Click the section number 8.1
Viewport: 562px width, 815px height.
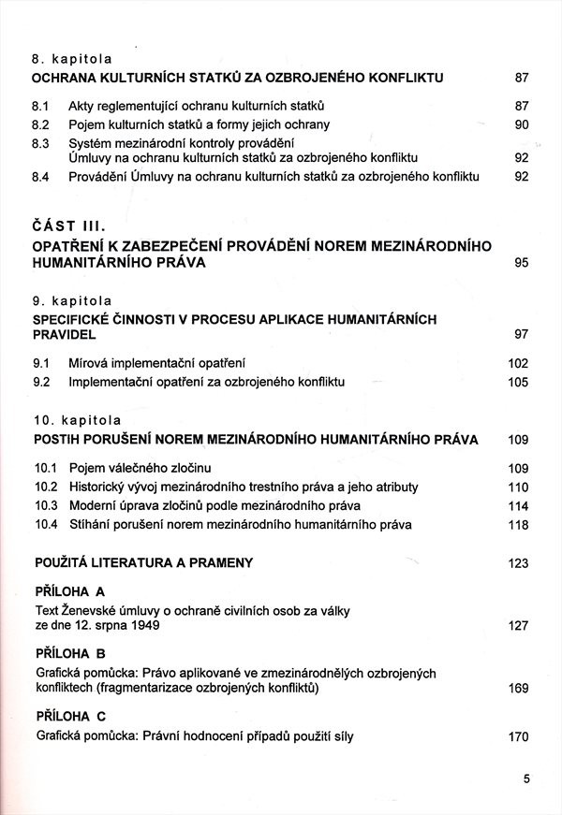tap(40, 106)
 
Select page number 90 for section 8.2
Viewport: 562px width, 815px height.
tap(522, 124)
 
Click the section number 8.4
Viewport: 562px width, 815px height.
tap(40, 176)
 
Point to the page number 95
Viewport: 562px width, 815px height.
tap(522, 264)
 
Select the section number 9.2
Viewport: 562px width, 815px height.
tap(40, 382)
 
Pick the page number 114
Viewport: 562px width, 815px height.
tap(518, 506)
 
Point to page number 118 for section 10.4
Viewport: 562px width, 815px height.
tap(518, 525)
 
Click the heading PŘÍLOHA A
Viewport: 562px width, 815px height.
tap(69, 592)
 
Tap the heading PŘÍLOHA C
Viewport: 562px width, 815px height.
tap(69, 716)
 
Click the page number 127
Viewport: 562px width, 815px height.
tap(518, 626)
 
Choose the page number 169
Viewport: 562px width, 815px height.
tap(518, 689)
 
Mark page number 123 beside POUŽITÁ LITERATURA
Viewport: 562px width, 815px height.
tap(518, 563)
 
